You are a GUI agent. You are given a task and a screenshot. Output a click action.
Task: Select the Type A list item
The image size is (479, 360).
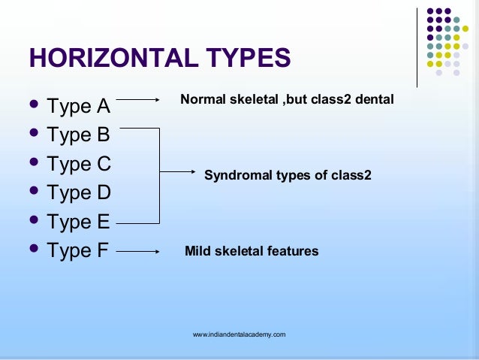78,106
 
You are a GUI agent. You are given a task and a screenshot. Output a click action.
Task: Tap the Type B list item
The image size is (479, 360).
78,135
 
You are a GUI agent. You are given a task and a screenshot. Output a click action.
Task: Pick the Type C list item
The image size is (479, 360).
78,164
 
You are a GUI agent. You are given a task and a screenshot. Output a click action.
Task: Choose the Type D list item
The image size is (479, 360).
78,193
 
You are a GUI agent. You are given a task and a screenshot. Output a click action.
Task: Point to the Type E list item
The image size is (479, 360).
78,222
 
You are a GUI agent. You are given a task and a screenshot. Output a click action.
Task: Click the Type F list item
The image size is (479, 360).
78,251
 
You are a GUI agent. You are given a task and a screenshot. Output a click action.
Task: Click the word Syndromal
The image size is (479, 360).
236,176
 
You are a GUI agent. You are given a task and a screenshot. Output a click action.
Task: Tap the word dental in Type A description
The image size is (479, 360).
375,98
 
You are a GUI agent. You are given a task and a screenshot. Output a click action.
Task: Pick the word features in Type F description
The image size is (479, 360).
294,251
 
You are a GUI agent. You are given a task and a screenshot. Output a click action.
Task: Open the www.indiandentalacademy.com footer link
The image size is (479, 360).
239,334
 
